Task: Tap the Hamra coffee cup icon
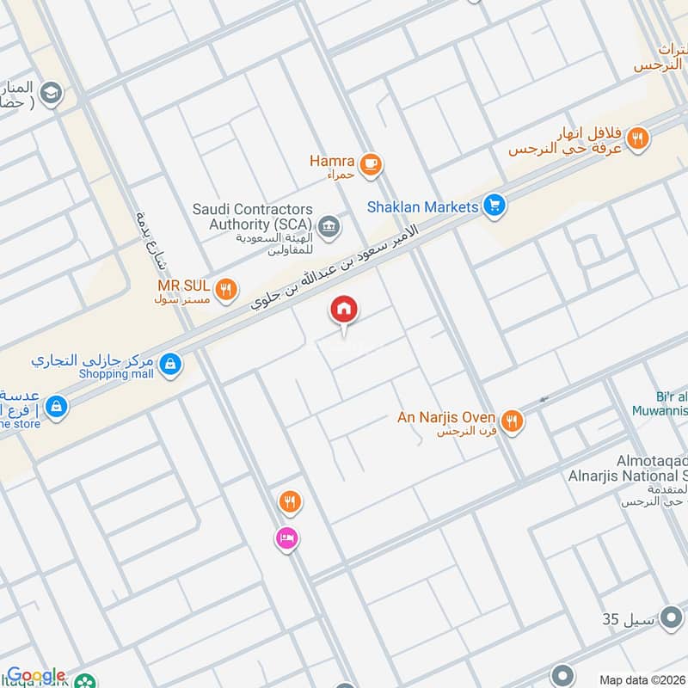(x=370, y=164)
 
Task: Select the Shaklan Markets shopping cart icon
(x=493, y=206)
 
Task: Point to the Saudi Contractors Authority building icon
(x=328, y=226)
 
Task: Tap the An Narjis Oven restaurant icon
(x=513, y=420)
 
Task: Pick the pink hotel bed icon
(x=286, y=537)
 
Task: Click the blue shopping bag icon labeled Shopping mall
(x=171, y=365)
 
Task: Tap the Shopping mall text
(x=116, y=374)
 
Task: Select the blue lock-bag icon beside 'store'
(x=57, y=405)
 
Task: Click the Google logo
(x=36, y=676)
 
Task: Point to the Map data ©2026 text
(x=642, y=680)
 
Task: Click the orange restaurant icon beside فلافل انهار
(x=637, y=137)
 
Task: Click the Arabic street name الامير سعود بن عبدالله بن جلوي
(x=335, y=267)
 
